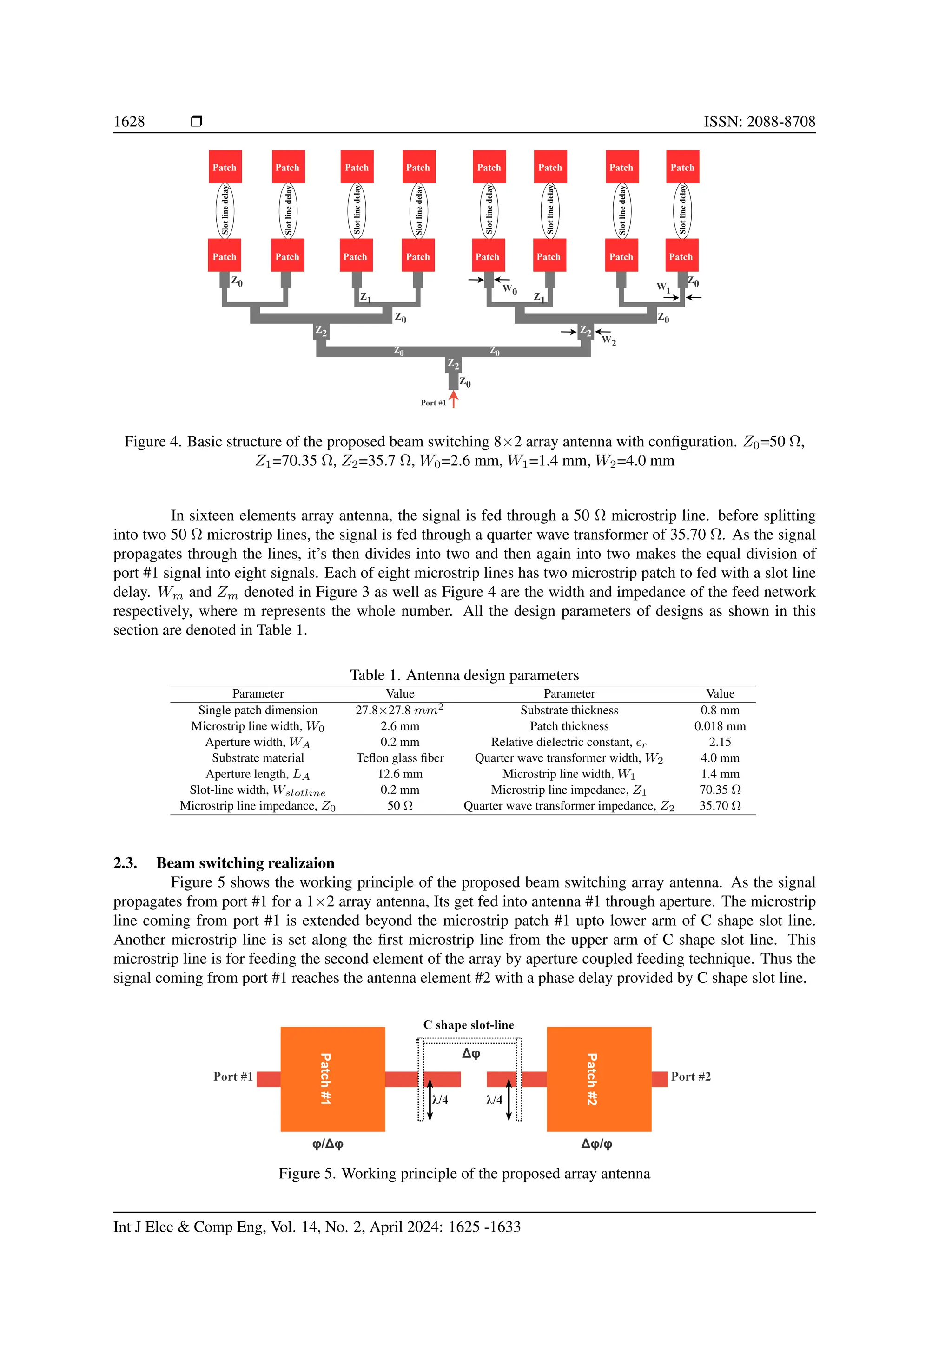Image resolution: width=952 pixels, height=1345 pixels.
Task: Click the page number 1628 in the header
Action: [x=129, y=121]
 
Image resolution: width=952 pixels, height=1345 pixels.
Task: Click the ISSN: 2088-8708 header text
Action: [x=759, y=121]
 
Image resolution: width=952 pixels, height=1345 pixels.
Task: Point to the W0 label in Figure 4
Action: [x=510, y=289]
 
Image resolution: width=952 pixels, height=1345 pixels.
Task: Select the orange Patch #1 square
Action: [x=332, y=1078]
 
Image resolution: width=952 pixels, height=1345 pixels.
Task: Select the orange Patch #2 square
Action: [x=599, y=1078]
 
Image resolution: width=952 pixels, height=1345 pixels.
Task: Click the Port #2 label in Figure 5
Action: [x=691, y=1076]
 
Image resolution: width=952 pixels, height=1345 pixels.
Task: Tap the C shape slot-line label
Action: [x=469, y=1025]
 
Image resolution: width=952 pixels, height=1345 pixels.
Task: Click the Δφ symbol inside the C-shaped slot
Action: [x=471, y=1053]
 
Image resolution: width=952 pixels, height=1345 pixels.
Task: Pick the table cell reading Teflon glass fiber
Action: [x=400, y=757]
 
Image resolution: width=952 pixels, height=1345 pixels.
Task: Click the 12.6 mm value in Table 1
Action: [x=400, y=773]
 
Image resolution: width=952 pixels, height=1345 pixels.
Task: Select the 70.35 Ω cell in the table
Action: [x=720, y=789]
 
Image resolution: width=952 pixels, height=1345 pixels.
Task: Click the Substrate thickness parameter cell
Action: [x=569, y=710]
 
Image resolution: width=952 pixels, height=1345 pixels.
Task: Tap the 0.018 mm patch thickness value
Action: [x=720, y=726]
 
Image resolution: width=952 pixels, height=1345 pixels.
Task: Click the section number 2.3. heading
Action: [x=126, y=863]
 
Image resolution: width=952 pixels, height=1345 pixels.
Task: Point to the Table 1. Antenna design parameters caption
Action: [x=464, y=675]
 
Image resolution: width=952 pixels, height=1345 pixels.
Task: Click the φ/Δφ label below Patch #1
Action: [x=328, y=1143]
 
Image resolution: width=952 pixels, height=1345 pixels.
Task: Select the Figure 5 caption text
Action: [x=464, y=1173]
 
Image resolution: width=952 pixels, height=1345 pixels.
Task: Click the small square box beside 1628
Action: [x=196, y=121]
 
